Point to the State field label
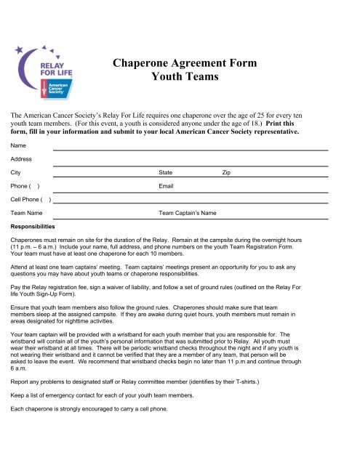point(166,173)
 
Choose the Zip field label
point(226,173)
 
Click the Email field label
point(167,186)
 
